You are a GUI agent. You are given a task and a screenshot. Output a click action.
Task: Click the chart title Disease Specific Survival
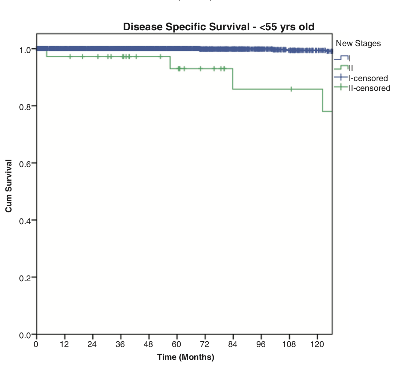[219, 27]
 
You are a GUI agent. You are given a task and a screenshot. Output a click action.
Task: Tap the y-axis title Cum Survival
[9, 186]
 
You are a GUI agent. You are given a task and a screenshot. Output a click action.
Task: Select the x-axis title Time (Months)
[186, 357]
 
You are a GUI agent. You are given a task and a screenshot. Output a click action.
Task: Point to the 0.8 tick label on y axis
[25, 107]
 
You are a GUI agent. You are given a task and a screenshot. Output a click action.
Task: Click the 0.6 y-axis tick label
[25, 164]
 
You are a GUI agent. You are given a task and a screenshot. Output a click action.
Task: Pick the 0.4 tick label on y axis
[25, 221]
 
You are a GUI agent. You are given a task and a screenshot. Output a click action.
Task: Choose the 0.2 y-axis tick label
[25, 278]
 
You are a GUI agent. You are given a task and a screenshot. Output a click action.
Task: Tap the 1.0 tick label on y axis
[25, 50]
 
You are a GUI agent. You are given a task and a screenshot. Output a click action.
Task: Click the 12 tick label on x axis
[64, 344]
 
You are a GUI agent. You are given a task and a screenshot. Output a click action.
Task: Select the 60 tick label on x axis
[177, 344]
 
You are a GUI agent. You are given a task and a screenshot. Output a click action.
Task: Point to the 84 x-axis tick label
[233, 344]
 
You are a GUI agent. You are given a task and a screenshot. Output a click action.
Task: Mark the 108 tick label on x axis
[289, 344]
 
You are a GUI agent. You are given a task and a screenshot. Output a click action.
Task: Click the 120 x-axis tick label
[317, 344]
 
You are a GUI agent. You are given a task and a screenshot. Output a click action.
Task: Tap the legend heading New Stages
[358, 43]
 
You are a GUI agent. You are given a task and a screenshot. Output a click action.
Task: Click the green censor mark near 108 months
[291, 89]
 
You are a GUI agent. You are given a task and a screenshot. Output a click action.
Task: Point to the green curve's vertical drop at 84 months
[233, 79]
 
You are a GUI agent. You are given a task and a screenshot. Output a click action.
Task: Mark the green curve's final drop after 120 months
[323, 100]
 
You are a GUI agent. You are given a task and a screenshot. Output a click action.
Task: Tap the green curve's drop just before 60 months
[170, 63]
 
